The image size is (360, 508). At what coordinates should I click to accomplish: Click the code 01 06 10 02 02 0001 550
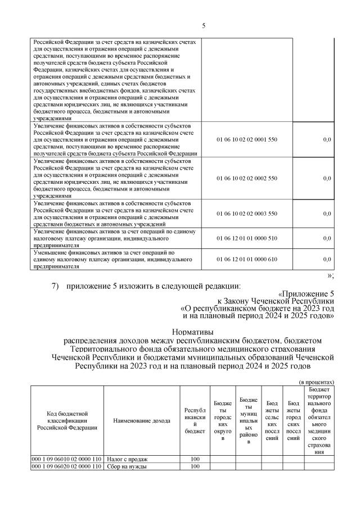[247, 139]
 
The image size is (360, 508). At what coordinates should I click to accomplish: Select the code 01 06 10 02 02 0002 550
[247, 178]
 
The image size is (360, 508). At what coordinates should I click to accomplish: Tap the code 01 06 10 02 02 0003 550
[247, 214]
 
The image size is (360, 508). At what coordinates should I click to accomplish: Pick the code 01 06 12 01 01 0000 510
[247, 238]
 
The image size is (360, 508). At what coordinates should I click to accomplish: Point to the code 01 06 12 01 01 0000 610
[247, 259]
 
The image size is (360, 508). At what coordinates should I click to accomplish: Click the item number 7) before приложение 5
[55, 287]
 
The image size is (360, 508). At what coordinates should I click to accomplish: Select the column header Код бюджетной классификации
[67, 420]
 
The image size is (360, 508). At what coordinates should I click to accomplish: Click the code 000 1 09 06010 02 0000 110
[67, 459]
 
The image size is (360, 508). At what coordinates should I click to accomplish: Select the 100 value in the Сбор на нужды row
[195, 466]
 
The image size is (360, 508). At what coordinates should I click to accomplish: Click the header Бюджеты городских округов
[222, 420]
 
